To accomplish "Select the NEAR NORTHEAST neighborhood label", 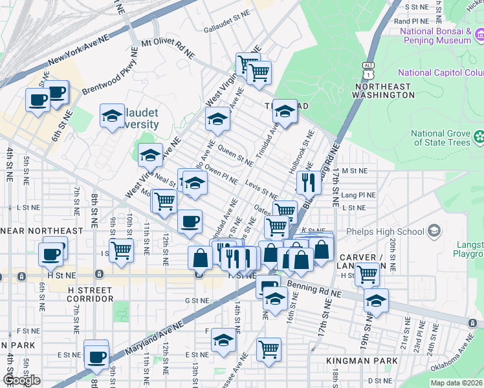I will (x=41, y=230).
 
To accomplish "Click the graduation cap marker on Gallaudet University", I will (x=112, y=116).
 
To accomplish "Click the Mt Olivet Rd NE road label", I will (x=168, y=48).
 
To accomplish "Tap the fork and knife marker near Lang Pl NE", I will (x=309, y=183).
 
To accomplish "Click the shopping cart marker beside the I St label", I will (x=121, y=250).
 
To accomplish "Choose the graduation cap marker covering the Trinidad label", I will (x=284, y=112).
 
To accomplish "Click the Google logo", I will (x=22, y=380).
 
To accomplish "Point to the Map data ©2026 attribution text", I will (x=456, y=383).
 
